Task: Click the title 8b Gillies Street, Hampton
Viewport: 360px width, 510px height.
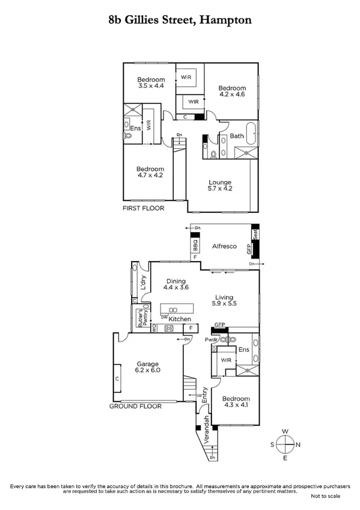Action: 180,20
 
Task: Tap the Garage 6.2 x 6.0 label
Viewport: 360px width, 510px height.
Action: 147,368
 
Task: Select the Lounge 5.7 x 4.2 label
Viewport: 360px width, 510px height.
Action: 220,186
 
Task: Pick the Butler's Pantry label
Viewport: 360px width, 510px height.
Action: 140,317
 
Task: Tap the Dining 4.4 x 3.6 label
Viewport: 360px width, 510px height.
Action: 176,284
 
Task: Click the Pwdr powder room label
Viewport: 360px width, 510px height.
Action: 211,339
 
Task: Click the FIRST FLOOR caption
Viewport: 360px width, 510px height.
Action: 142,208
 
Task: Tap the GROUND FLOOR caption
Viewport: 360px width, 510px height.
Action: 135,407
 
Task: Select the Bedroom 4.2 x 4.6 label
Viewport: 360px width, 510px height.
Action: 231,90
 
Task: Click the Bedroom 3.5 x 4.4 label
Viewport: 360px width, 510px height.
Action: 150,84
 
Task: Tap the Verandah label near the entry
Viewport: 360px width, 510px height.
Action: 206,429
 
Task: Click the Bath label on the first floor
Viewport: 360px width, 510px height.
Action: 236,136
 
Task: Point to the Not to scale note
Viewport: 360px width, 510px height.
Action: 325,496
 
